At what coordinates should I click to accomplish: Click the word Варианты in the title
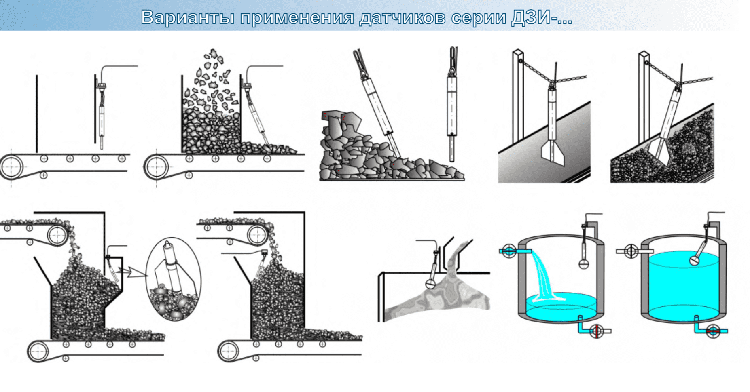187,17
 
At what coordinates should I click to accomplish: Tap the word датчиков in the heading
403,18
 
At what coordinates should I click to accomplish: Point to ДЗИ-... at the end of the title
542,17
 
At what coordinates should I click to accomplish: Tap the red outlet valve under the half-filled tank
596,331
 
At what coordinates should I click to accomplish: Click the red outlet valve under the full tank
712,331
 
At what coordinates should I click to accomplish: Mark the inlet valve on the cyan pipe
509,251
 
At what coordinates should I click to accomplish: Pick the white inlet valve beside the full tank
631,251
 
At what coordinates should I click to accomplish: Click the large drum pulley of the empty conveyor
11,166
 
